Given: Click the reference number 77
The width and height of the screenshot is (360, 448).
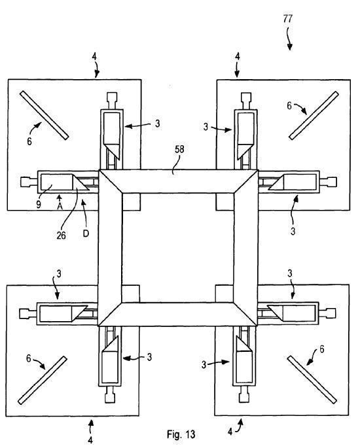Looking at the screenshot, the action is pos(288,19).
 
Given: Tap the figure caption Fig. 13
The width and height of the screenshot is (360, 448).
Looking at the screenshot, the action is pos(181,434).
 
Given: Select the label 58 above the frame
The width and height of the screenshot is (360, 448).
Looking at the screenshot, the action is pos(179,149).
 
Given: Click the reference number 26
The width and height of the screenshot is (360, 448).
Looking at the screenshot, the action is pos(61,235).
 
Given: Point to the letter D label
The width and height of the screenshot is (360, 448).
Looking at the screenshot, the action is pos(86,233).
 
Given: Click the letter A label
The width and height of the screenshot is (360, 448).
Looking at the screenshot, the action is pos(60,206).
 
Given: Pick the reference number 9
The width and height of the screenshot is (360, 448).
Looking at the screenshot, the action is pos(39,204).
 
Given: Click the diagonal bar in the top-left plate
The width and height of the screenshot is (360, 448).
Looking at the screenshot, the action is pos(45,115).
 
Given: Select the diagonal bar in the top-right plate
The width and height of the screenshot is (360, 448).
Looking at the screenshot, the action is pos(314,115).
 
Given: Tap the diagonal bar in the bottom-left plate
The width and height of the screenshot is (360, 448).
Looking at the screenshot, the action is pos(43,380).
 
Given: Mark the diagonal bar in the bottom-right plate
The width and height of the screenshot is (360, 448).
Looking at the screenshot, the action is pos(312,380).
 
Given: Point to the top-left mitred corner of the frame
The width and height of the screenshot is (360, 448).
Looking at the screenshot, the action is pos(111,182).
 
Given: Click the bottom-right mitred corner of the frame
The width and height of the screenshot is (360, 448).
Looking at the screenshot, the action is pos(245,314).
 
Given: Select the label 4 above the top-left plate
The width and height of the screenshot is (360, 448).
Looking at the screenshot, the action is pos(94,56).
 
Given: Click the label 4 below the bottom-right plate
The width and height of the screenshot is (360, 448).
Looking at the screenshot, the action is pos(230,432).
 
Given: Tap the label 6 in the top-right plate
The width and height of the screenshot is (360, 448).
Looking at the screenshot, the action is pos(289,106).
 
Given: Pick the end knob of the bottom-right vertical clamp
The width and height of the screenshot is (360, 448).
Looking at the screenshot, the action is pos(244,398).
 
